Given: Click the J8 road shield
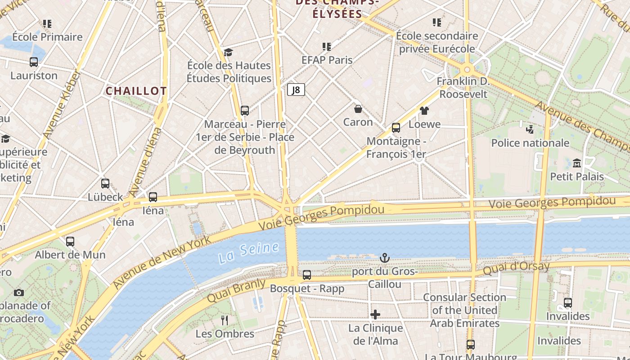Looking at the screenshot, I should coord(296,90).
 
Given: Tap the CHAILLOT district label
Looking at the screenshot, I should coord(136,91).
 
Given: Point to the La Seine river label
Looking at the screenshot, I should coord(249,254).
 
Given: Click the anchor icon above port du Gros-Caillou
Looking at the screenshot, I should coord(384,258).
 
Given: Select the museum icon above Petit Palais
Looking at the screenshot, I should coord(577,163).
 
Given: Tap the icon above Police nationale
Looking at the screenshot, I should coord(530,130).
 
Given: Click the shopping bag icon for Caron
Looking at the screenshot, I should coord(358,109).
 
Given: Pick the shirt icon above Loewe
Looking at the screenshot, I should coord(424,111).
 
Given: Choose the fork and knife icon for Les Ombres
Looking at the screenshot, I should coord(225,320).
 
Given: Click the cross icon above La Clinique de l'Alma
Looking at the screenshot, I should coord(375,314).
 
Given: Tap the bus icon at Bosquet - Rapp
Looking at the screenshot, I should coord(307,274).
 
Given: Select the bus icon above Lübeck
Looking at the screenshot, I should coord(105,184).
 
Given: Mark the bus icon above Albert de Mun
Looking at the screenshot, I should coord(70,241).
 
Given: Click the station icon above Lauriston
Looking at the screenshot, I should coord(34,62).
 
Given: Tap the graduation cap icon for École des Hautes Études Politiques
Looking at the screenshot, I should coord(229,52).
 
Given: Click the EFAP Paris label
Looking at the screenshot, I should coord(327,60).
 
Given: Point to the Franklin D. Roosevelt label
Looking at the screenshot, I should coord(463,88).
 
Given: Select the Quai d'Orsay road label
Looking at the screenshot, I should coord(516,269).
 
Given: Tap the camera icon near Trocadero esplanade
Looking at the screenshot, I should coord(18,292).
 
